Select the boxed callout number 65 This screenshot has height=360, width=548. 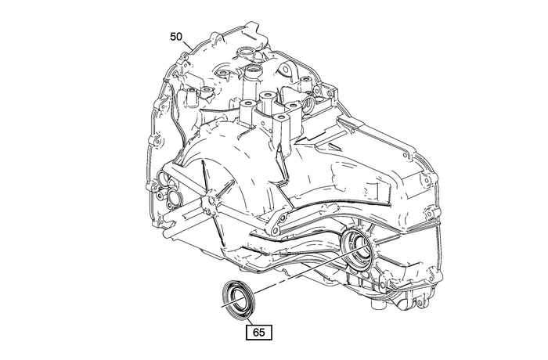pyautogui.click(x=259, y=332)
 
